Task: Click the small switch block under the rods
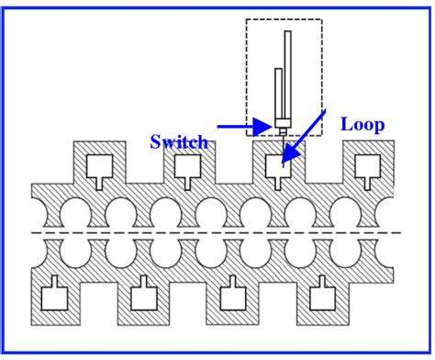[283, 124]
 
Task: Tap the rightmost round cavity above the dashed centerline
[345, 213]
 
